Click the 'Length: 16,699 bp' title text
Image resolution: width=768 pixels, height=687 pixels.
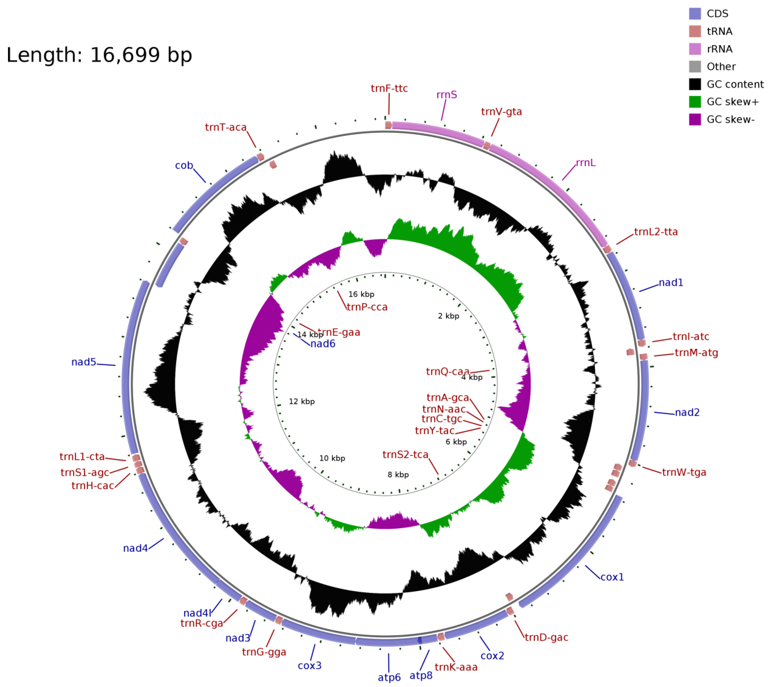click(x=99, y=55)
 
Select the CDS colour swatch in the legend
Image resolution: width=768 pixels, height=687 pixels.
click(x=695, y=14)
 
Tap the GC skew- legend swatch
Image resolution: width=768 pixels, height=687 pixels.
click(x=695, y=119)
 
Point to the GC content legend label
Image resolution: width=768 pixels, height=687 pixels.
click(x=735, y=84)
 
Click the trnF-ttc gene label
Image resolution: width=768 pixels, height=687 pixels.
click(x=389, y=88)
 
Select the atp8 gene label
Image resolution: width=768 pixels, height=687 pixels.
click(x=421, y=675)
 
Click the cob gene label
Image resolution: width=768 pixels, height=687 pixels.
click(x=184, y=165)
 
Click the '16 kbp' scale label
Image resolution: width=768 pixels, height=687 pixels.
click(x=361, y=294)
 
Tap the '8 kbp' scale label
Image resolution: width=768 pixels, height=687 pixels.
click(x=398, y=474)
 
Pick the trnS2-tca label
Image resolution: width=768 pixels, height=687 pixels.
click(x=405, y=455)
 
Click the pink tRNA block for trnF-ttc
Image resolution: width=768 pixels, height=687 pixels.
click(x=388, y=125)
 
